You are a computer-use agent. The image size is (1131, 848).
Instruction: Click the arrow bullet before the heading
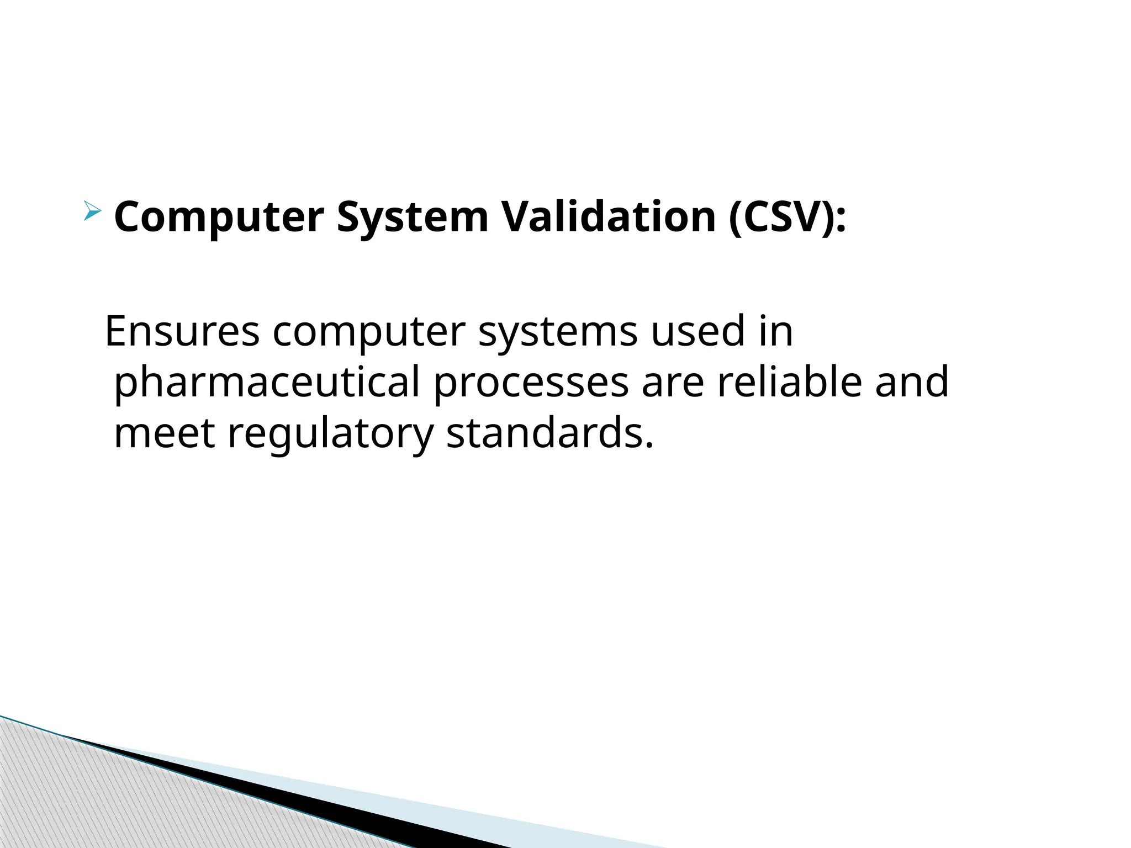coord(93,211)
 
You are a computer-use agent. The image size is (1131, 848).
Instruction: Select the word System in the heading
coord(413,218)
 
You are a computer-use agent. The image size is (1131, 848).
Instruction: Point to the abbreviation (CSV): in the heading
coord(788,218)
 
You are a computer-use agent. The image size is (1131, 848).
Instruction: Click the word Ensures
coord(182,331)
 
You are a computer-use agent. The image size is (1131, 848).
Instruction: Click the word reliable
coord(790,381)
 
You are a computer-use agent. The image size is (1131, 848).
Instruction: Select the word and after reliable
coord(912,381)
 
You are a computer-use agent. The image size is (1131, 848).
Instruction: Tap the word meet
coord(164,433)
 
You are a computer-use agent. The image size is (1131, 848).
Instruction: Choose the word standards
coord(549,433)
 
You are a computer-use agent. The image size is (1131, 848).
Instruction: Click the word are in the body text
coord(673,383)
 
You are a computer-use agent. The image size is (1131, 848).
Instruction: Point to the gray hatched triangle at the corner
coord(83,801)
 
